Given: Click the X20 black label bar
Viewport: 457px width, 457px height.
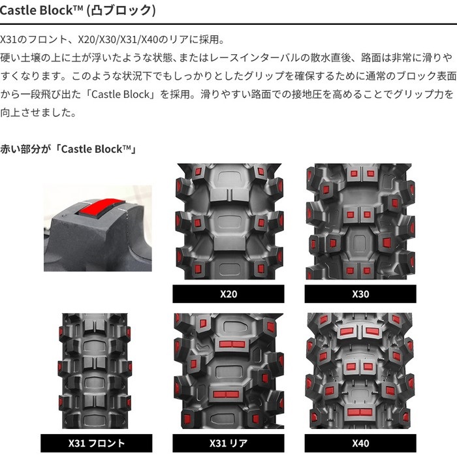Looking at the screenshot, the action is (x=228, y=294).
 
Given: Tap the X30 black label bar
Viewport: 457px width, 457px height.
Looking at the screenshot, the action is (x=360, y=294).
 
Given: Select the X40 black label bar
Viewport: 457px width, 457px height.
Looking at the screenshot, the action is (x=360, y=443).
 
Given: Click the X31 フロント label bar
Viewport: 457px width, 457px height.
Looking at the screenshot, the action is (x=96, y=443).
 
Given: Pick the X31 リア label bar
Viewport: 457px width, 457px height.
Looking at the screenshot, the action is (x=228, y=443).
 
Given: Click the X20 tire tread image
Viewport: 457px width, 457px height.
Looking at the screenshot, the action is (x=229, y=221).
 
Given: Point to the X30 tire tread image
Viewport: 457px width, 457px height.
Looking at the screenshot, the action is (x=360, y=221).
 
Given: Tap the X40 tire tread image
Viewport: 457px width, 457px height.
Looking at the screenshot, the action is (x=360, y=371).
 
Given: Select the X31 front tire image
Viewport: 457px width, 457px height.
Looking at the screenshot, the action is (x=95, y=371).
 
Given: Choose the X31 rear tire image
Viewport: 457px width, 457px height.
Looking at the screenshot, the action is (x=228, y=371).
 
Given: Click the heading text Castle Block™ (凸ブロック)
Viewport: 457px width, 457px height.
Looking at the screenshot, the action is (x=78, y=10).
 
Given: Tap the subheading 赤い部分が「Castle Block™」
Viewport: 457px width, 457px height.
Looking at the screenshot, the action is (x=69, y=149).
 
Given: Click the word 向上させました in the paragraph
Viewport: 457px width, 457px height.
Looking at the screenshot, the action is (x=35, y=112).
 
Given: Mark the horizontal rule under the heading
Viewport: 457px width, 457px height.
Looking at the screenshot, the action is (x=228, y=24).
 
